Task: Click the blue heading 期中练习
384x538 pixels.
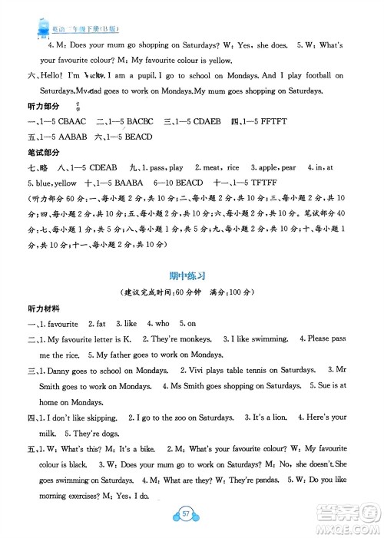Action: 192,274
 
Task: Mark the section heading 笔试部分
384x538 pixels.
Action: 44,150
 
